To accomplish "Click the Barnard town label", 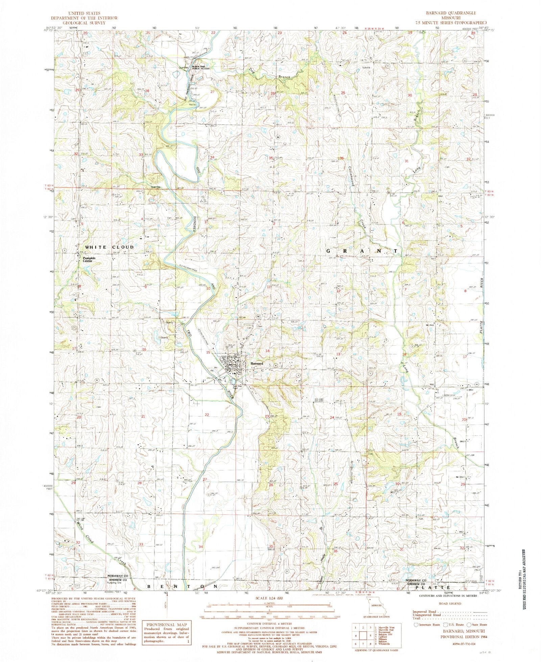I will pyautogui.click(x=257, y=364).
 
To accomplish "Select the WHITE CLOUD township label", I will pyautogui.click(x=109, y=247).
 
